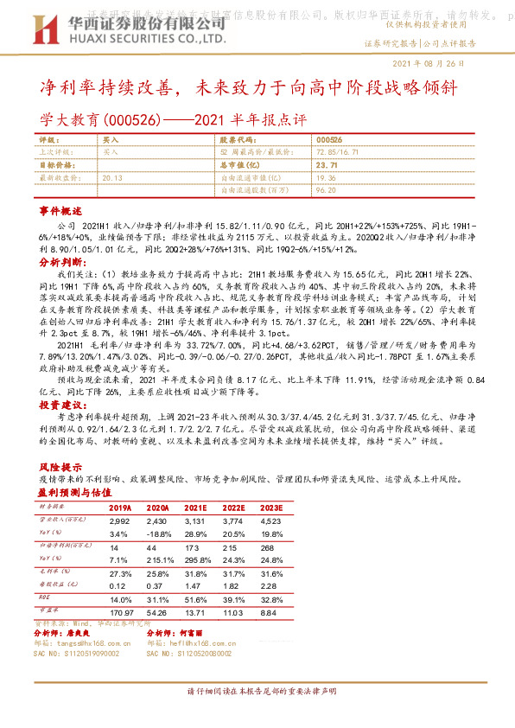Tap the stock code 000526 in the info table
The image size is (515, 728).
pos(329,138)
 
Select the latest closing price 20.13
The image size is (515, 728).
pos(112,176)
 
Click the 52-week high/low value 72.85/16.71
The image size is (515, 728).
pos(338,151)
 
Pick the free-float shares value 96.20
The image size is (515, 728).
pos(326,188)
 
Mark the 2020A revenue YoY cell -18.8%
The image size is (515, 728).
pos(161,533)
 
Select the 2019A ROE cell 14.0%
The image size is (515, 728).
pos(120,598)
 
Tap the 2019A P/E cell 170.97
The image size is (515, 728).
pos(122,611)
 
